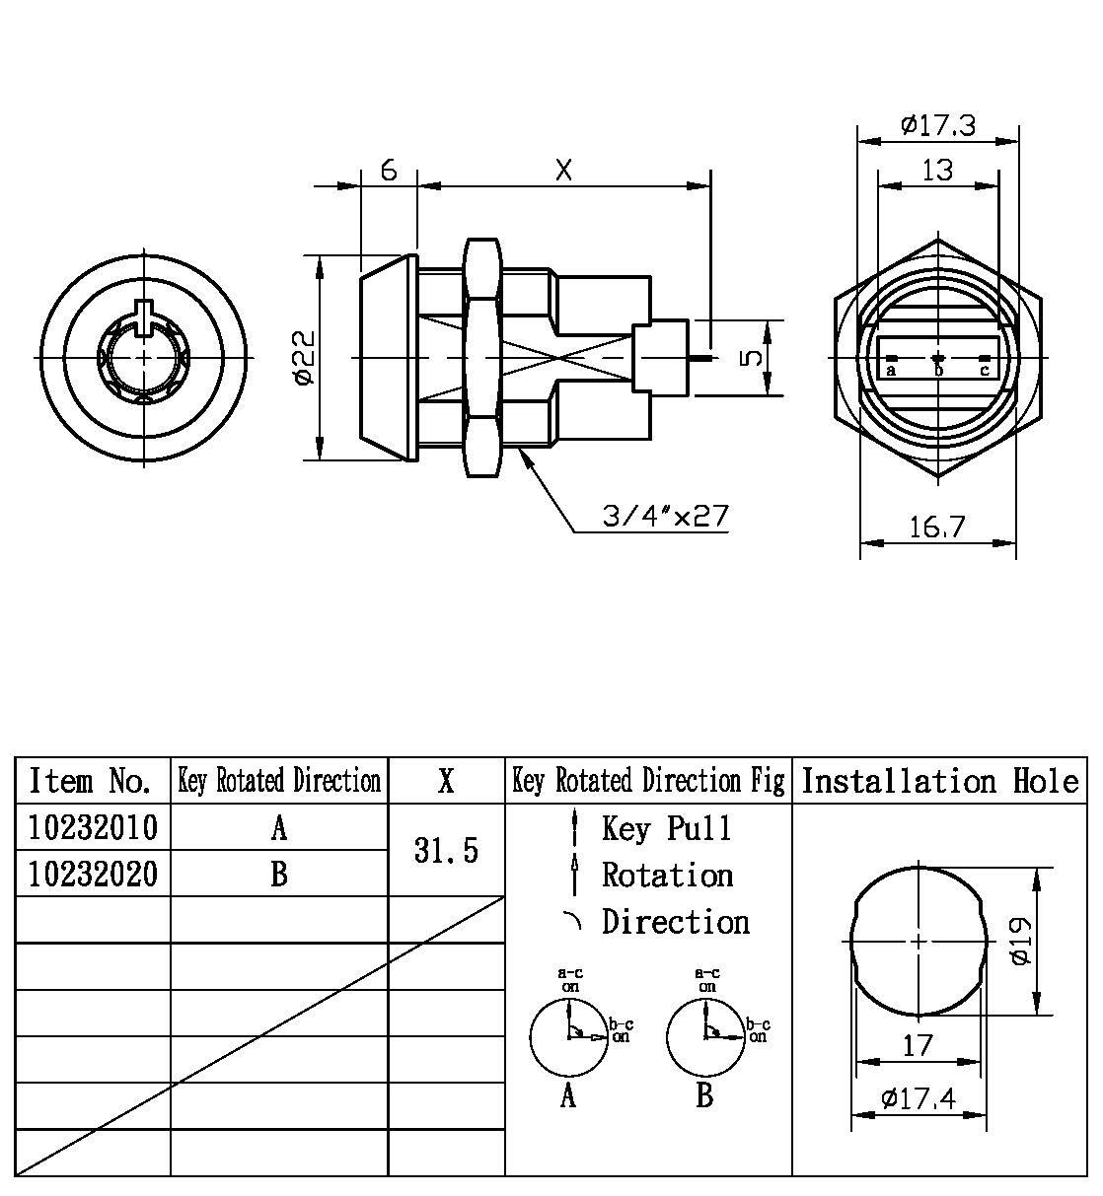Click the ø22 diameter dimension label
(305, 358)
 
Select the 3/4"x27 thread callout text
(666, 516)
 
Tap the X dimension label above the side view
(563, 170)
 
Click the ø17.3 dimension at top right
(937, 126)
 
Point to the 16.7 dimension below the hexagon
(936, 528)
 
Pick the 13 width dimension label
(937, 171)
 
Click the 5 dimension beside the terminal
(752, 356)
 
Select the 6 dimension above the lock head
(389, 170)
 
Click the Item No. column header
(91, 781)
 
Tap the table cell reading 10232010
(93, 827)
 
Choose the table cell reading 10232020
(93, 874)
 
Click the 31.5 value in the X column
(446, 850)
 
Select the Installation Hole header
(939, 781)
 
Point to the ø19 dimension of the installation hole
(1022, 941)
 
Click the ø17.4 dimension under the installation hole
(918, 1097)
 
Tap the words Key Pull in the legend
(667, 828)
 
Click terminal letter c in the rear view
(984, 370)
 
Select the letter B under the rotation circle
(704, 1095)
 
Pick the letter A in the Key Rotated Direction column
(279, 828)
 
